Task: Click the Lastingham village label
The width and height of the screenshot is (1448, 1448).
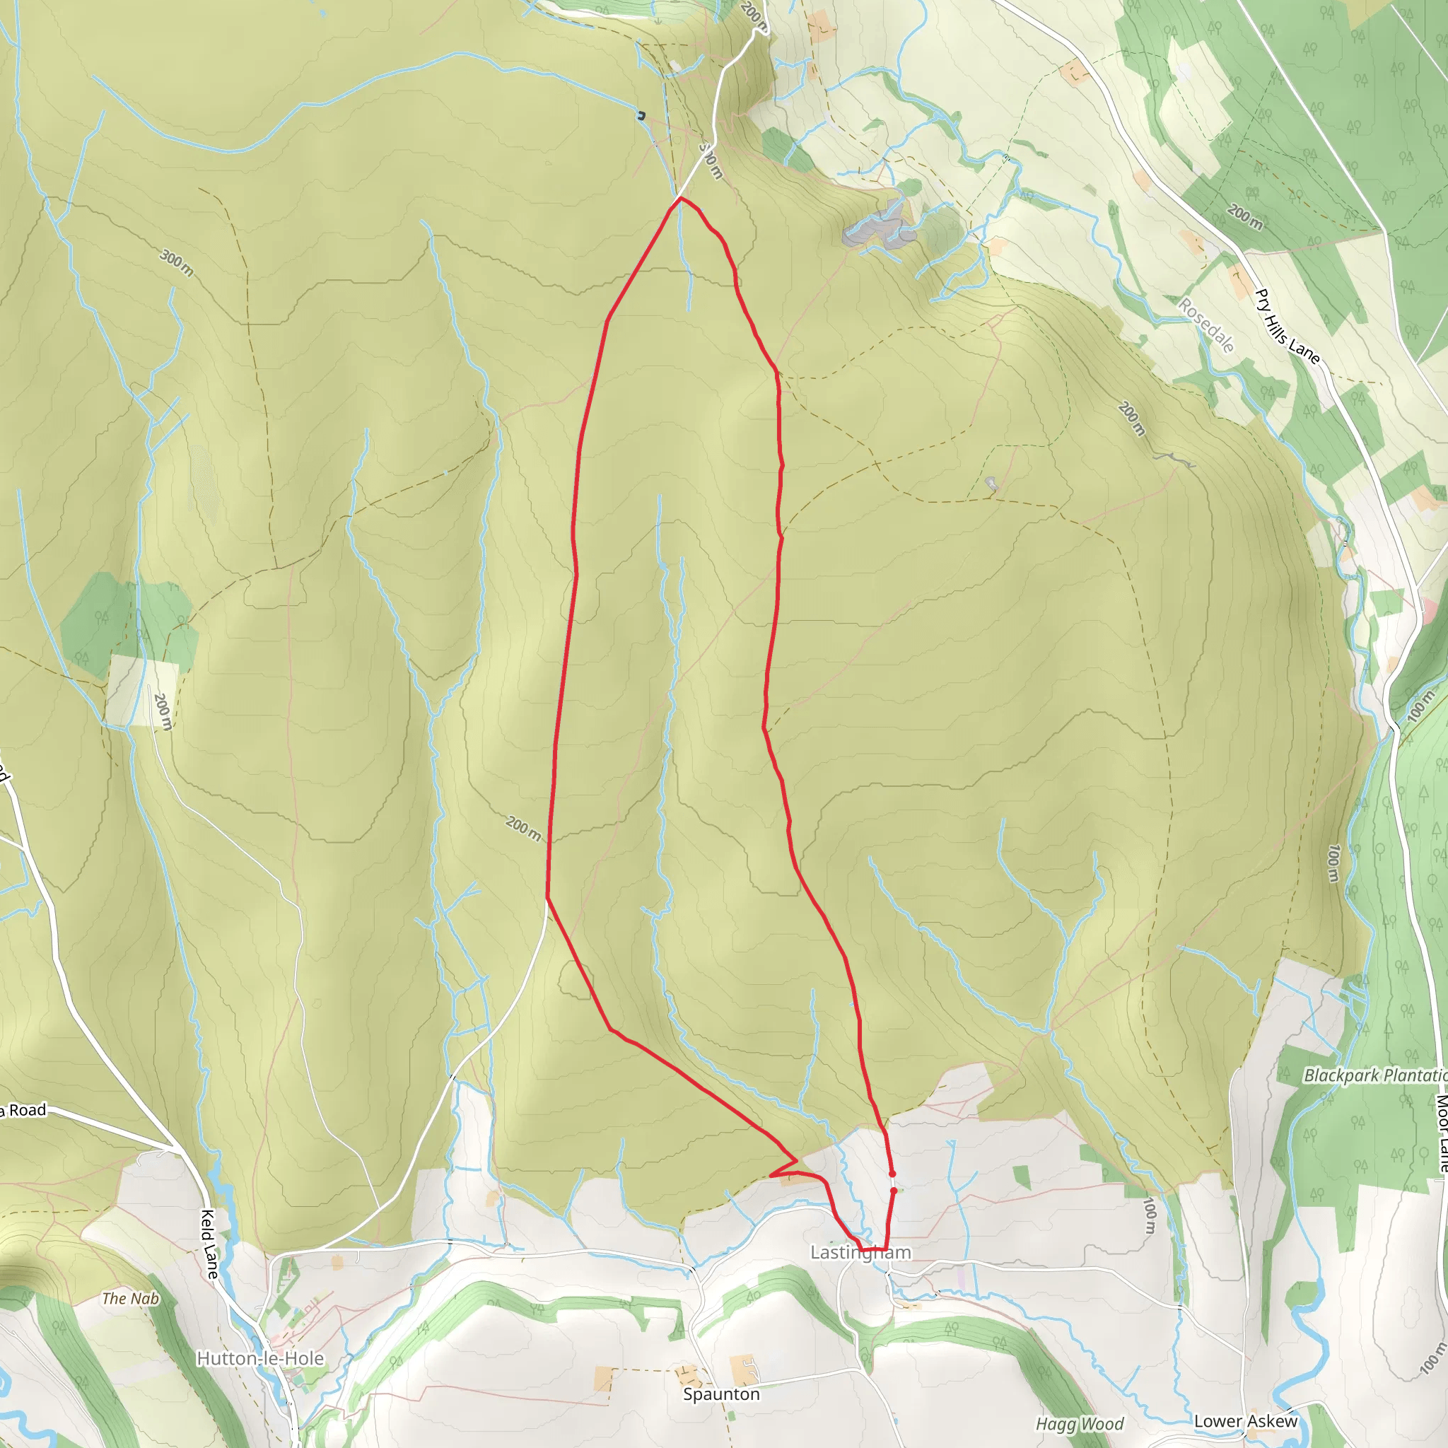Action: (860, 1252)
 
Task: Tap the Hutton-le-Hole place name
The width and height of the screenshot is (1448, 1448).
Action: (260, 1358)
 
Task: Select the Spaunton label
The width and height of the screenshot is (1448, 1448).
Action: (721, 1394)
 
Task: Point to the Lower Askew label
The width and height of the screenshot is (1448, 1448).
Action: (1245, 1421)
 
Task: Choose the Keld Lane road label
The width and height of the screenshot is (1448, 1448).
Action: (209, 1244)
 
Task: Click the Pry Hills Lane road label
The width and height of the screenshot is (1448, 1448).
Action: (1286, 327)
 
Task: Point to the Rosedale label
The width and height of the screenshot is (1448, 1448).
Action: (1206, 325)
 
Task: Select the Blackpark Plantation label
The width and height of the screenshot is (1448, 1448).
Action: (1374, 1075)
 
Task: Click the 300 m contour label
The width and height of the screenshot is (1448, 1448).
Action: (177, 263)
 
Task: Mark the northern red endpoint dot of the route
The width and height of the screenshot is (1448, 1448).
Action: (892, 1174)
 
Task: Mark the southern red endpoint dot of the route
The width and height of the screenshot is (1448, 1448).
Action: (894, 1190)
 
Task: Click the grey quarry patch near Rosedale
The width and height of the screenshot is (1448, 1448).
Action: (877, 225)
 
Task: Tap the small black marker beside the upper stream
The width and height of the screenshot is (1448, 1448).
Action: (641, 115)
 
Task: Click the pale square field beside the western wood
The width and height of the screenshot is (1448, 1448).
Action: (141, 690)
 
